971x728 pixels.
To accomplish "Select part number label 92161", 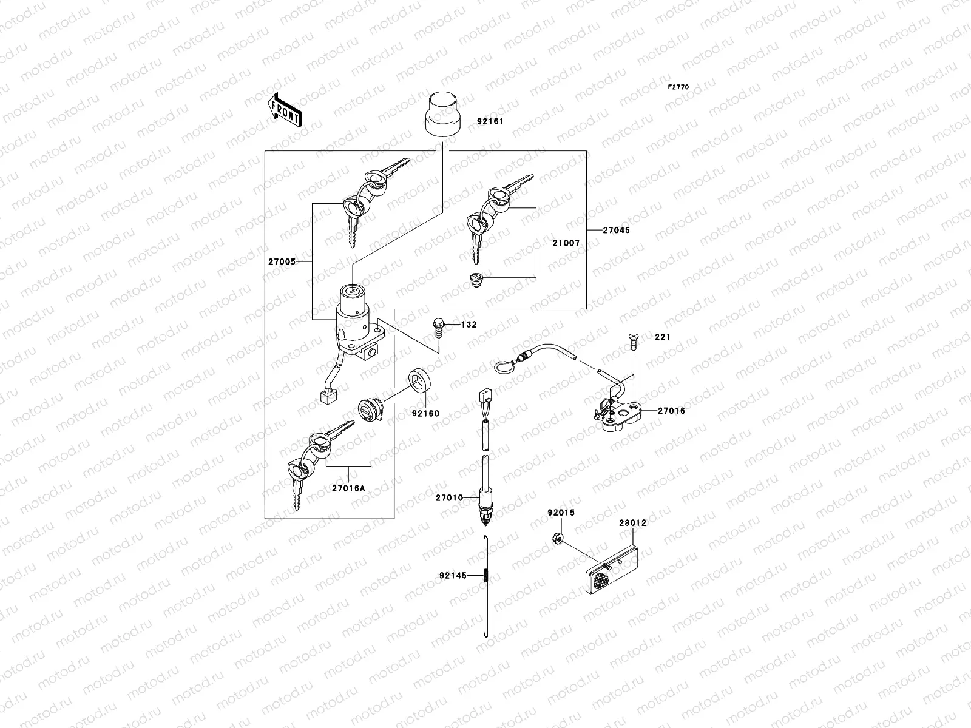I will click(x=490, y=121).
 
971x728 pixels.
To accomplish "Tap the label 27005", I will click(x=282, y=262).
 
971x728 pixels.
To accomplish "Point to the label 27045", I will click(x=616, y=231).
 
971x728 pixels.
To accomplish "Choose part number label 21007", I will click(x=566, y=243).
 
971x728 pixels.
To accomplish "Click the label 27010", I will click(x=449, y=497).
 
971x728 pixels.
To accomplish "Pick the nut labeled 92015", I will click(x=560, y=538).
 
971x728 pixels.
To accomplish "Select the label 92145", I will click(x=453, y=575).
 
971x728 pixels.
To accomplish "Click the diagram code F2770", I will click(x=678, y=87).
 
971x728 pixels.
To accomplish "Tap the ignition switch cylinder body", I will click(x=351, y=315).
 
